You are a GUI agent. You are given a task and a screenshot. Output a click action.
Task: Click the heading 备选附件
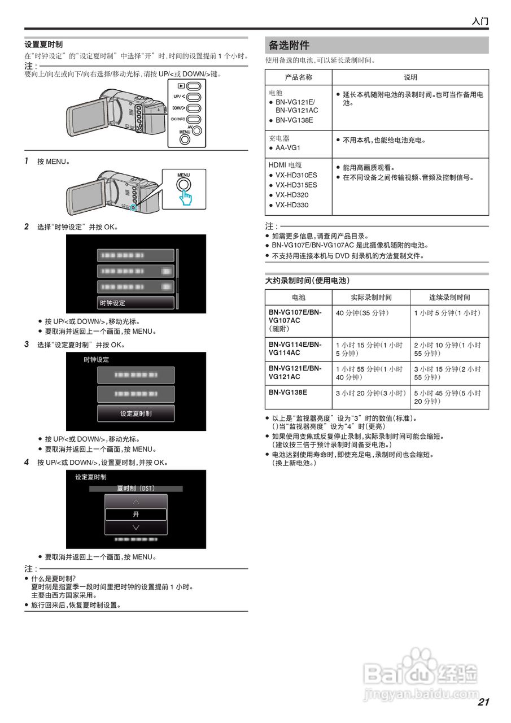point(289,45)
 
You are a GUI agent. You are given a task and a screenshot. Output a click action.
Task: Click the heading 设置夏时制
point(43,45)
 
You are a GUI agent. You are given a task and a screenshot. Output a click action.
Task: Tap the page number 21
point(483,702)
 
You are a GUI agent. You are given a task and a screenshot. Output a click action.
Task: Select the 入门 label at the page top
point(480,21)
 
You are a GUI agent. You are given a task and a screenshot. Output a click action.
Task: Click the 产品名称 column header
point(298,77)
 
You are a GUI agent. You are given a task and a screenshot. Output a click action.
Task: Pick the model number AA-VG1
point(288,147)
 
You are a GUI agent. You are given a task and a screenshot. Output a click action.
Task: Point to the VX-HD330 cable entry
point(292,205)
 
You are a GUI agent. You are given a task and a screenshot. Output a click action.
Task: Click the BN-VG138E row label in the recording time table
point(288,392)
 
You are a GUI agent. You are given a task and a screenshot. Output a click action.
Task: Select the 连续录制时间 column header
point(449,297)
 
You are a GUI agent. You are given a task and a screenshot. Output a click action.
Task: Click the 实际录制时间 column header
point(371,297)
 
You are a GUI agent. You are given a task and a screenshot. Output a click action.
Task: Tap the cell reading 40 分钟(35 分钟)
point(362,312)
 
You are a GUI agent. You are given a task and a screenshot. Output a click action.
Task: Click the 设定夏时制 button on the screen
point(136,413)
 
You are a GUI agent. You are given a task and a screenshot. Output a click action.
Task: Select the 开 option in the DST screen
point(136,515)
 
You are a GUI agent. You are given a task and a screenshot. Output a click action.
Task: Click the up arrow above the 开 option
point(136,501)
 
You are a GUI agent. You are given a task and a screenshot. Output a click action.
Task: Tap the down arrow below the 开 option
point(136,528)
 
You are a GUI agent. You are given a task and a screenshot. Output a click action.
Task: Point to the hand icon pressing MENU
point(186,197)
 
